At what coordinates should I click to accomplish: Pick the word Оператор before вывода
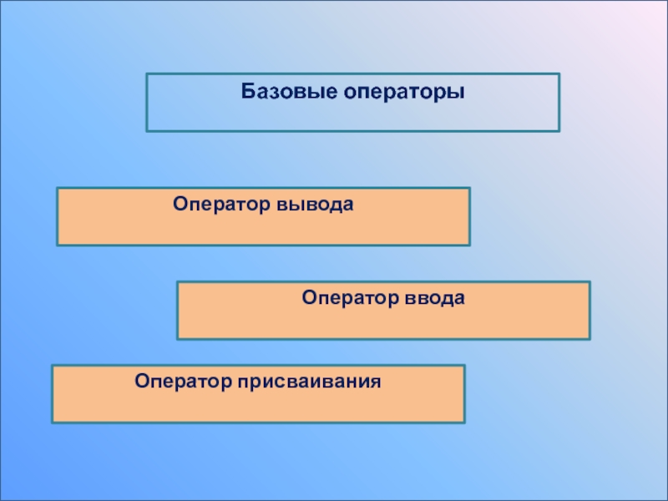pyautogui.click(x=216, y=204)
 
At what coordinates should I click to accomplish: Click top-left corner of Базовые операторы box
pyautogui.click(x=147, y=73)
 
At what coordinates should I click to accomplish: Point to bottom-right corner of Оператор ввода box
pyautogui.click(x=590, y=339)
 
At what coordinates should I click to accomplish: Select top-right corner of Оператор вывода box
pyautogui.click(x=469, y=188)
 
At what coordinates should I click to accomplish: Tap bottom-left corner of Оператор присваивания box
pyautogui.click(x=52, y=423)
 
